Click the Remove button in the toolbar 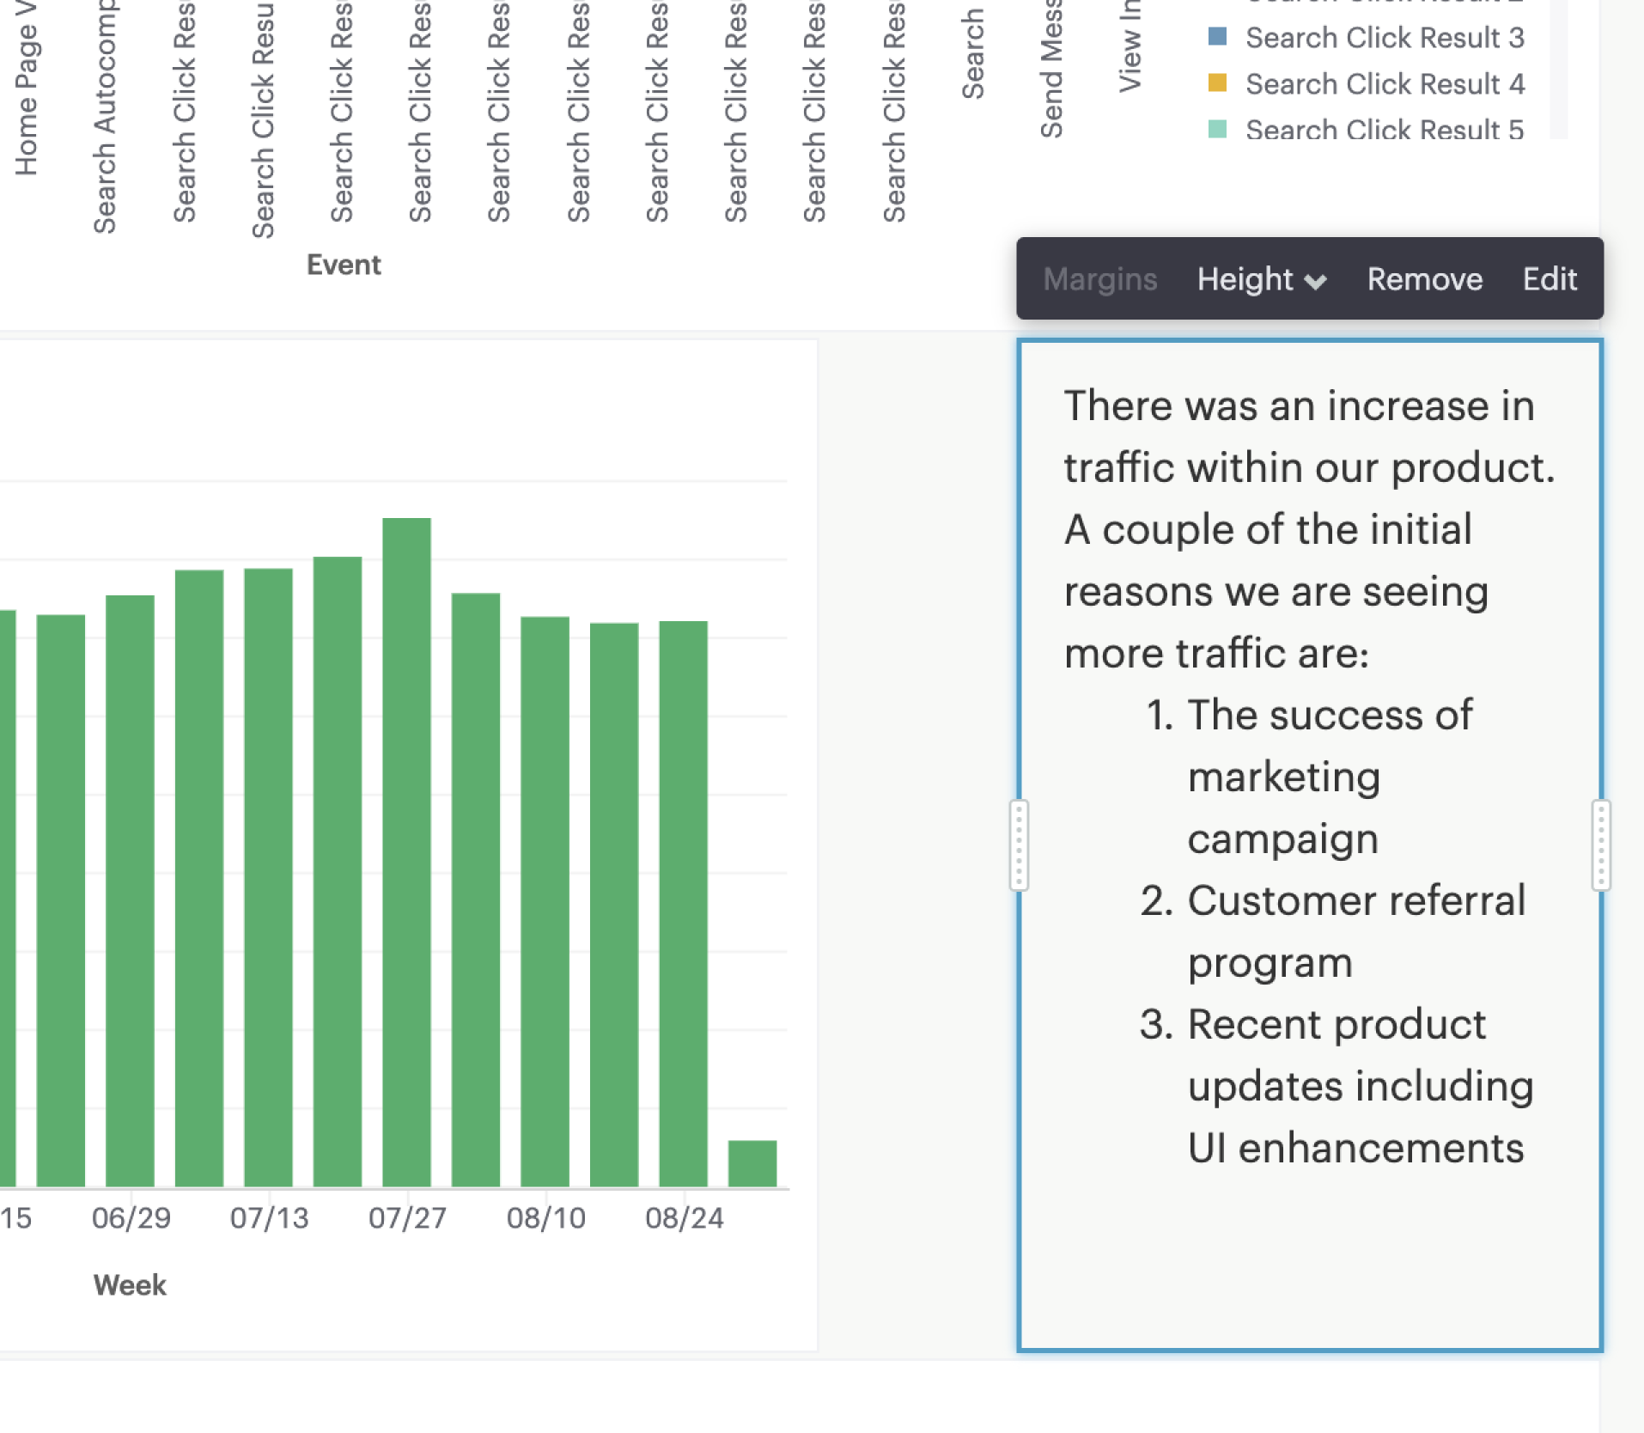click(1424, 279)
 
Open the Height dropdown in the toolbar click(1261, 279)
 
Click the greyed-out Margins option click(1099, 279)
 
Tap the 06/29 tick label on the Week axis click(131, 1217)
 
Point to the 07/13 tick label click(269, 1217)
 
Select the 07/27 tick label click(407, 1217)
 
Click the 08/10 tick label click(546, 1217)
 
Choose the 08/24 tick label click(685, 1217)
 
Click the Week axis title click(130, 1284)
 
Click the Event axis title click(344, 265)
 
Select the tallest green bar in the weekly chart click(406, 851)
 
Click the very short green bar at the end click(752, 1163)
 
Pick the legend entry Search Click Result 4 click(1385, 84)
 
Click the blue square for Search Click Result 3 click(1217, 37)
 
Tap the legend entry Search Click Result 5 click(1385, 129)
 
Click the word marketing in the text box click(1284, 777)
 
